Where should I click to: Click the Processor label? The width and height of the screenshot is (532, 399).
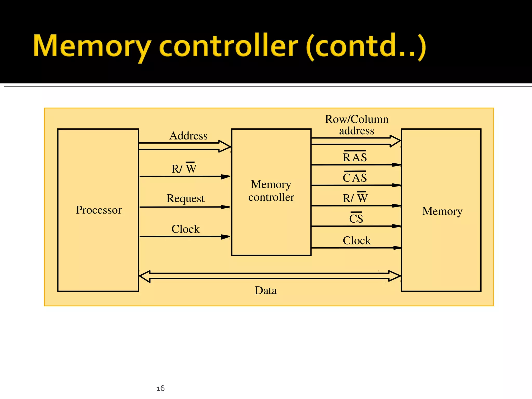click(x=99, y=210)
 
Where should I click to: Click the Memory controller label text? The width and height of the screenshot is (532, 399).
click(x=271, y=191)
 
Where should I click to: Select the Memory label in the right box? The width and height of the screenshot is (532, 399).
click(x=442, y=211)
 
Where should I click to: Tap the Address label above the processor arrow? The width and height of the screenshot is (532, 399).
click(x=188, y=136)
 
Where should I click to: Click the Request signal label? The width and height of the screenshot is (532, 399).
click(x=185, y=198)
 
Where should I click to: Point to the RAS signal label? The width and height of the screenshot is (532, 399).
click(x=355, y=157)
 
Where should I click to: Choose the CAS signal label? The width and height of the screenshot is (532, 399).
click(x=355, y=178)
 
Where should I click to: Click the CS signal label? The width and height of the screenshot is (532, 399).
click(x=356, y=218)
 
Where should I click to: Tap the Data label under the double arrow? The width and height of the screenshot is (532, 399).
click(x=266, y=290)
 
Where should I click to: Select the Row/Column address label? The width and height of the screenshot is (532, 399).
click(x=357, y=125)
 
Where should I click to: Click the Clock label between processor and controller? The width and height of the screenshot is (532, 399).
click(x=185, y=229)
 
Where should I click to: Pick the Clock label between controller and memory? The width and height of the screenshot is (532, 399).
click(x=357, y=241)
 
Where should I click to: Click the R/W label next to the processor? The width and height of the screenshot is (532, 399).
click(x=184, y=169)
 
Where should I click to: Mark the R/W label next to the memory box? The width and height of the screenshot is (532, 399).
click(x=355, y=198)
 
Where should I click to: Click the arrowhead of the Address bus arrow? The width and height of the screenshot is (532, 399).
click(x=225, y=146)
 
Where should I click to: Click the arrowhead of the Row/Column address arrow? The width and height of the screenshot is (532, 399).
click(x=395, y=141)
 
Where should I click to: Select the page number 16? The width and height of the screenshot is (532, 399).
click(x=161, y=388)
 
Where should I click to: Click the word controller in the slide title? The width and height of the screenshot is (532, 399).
click(x=229, y=46)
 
